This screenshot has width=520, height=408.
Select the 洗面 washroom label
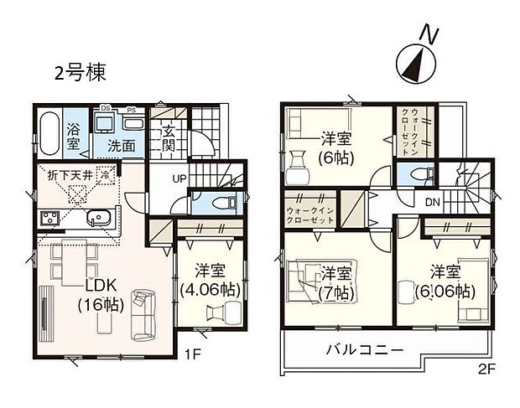[121, 146]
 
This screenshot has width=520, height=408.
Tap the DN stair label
[433, 203]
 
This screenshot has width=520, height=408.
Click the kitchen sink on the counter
[100, 220]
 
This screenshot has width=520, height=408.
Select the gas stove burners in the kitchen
[47, 219]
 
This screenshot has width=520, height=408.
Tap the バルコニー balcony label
[366, 349]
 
